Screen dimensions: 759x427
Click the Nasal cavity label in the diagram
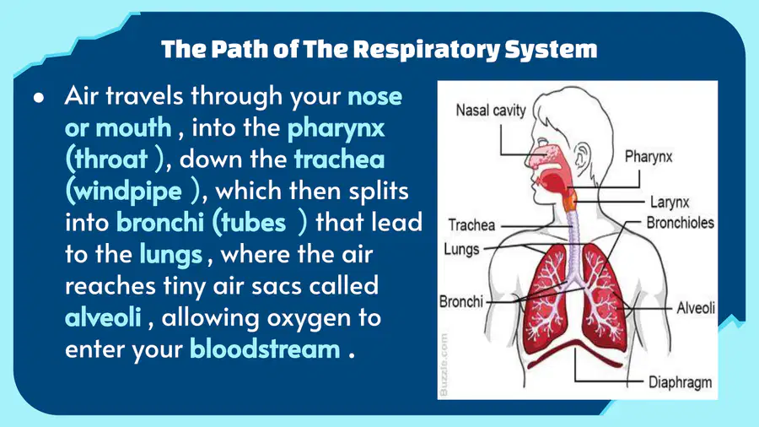[491, 111]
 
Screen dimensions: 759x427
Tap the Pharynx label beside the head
[649, 157]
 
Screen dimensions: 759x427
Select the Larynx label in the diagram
[670, 202]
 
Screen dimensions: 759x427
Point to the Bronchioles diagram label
[680, 223]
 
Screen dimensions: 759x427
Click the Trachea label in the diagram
[471, 225]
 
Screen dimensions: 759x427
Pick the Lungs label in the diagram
[461, 250]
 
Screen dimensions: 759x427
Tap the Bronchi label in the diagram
[460, 301]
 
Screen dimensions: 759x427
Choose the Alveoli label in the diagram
[696, 308]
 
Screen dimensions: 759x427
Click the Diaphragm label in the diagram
[680, 382]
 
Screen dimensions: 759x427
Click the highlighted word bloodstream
[265, 349]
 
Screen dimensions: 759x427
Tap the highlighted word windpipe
[128, 192]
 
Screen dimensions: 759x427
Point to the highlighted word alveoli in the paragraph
[103, 317]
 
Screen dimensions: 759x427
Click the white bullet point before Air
[39, 97]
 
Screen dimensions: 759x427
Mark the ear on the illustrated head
[582, 158]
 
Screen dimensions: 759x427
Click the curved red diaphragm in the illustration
[575, 353]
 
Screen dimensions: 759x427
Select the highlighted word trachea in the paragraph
[339, 159]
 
